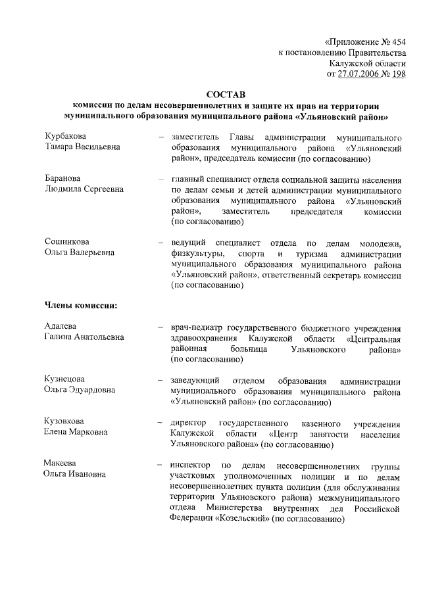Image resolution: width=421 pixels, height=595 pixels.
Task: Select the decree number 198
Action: tap(397, 74)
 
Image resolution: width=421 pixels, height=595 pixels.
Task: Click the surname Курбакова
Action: tap(65, 135)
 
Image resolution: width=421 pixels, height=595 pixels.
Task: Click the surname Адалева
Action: tap(61, 327)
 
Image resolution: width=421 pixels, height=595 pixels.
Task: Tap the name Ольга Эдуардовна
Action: tap(80, 391)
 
